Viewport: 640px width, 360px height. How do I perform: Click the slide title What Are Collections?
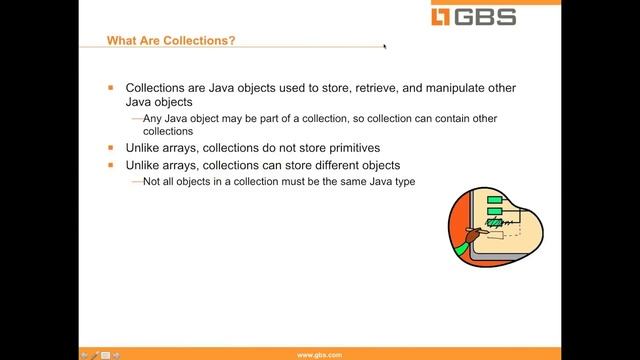click(173, 41)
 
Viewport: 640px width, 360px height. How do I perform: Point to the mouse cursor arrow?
click(385, 44)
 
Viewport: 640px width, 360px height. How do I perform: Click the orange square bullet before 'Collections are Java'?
click(112, 88)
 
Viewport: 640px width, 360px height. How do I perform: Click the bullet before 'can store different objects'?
click(112, 165)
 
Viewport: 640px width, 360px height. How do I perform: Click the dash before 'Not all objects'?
click(136, 181)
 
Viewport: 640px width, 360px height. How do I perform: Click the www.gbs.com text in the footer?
click(321, 354)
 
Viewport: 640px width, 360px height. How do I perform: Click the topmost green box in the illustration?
click(493, 200)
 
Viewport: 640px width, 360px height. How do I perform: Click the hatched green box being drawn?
click(493, 222)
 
